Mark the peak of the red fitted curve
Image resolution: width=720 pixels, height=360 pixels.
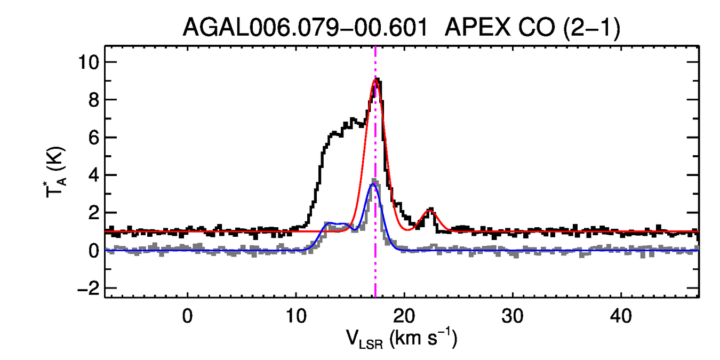click(375, 79)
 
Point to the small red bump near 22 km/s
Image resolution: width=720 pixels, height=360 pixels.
click(430, 211)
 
